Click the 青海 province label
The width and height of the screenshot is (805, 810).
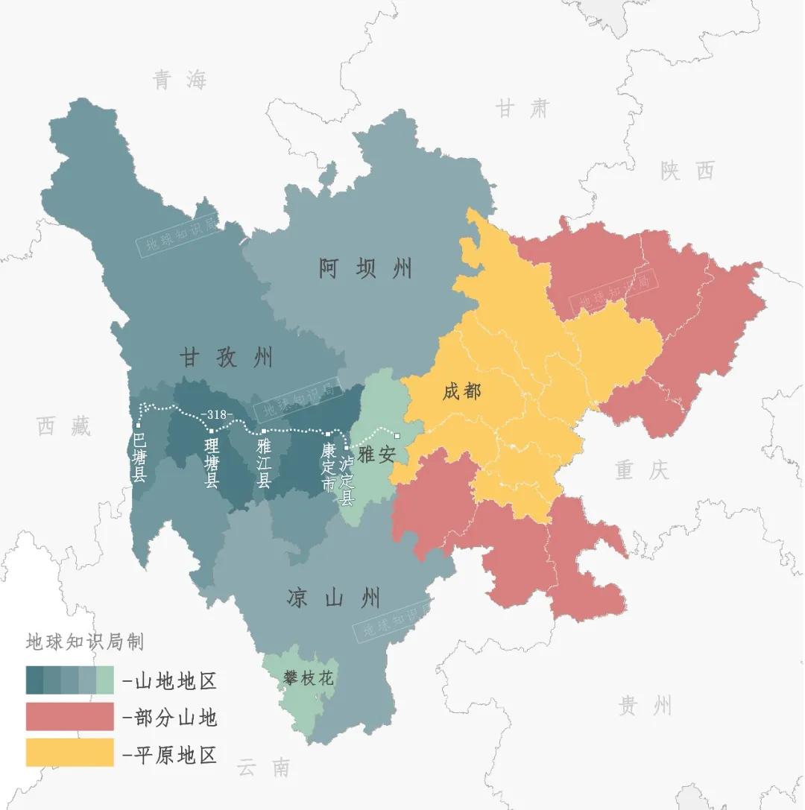pyautogui.click(x=180, y=80)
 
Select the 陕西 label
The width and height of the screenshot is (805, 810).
pyautogui.click(x=686, y=171)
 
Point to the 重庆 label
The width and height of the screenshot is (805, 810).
pyautogui.click(x=642, y=470)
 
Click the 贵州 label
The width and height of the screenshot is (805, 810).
pyautogui.click(x=645, y=704)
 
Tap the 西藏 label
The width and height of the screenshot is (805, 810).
pyautogui.click(x=64, y=427)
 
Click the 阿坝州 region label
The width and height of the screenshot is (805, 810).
pyautogui.click(x=365, y=268)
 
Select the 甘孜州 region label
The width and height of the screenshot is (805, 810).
pyautogui.click(x=226, y=358)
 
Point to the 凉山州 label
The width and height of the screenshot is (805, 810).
pyautogui.click(x=333, y=598)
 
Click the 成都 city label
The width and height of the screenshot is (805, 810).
pyautogui.click(x=461, y=392)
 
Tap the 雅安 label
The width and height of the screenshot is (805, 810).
pyautogui.click(x=376, y=455)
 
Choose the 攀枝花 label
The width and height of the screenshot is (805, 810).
pyautogui.click(x=308, y=679)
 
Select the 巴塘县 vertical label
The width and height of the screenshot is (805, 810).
pyautogui.click(x=139, y=456)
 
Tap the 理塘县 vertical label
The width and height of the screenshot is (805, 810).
pyautogui.click(x=212, y=462)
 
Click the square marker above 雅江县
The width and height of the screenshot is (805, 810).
pyautogui.click(x=263, y=431)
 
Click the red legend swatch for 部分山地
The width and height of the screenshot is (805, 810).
pyautogui.click(x=69, y=716)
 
